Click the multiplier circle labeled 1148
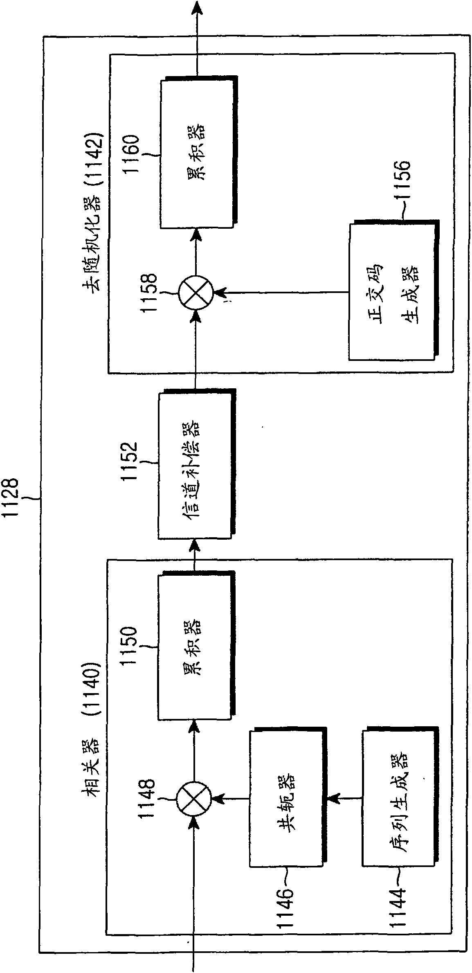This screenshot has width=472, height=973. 194,797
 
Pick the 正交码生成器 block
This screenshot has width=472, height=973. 394,290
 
